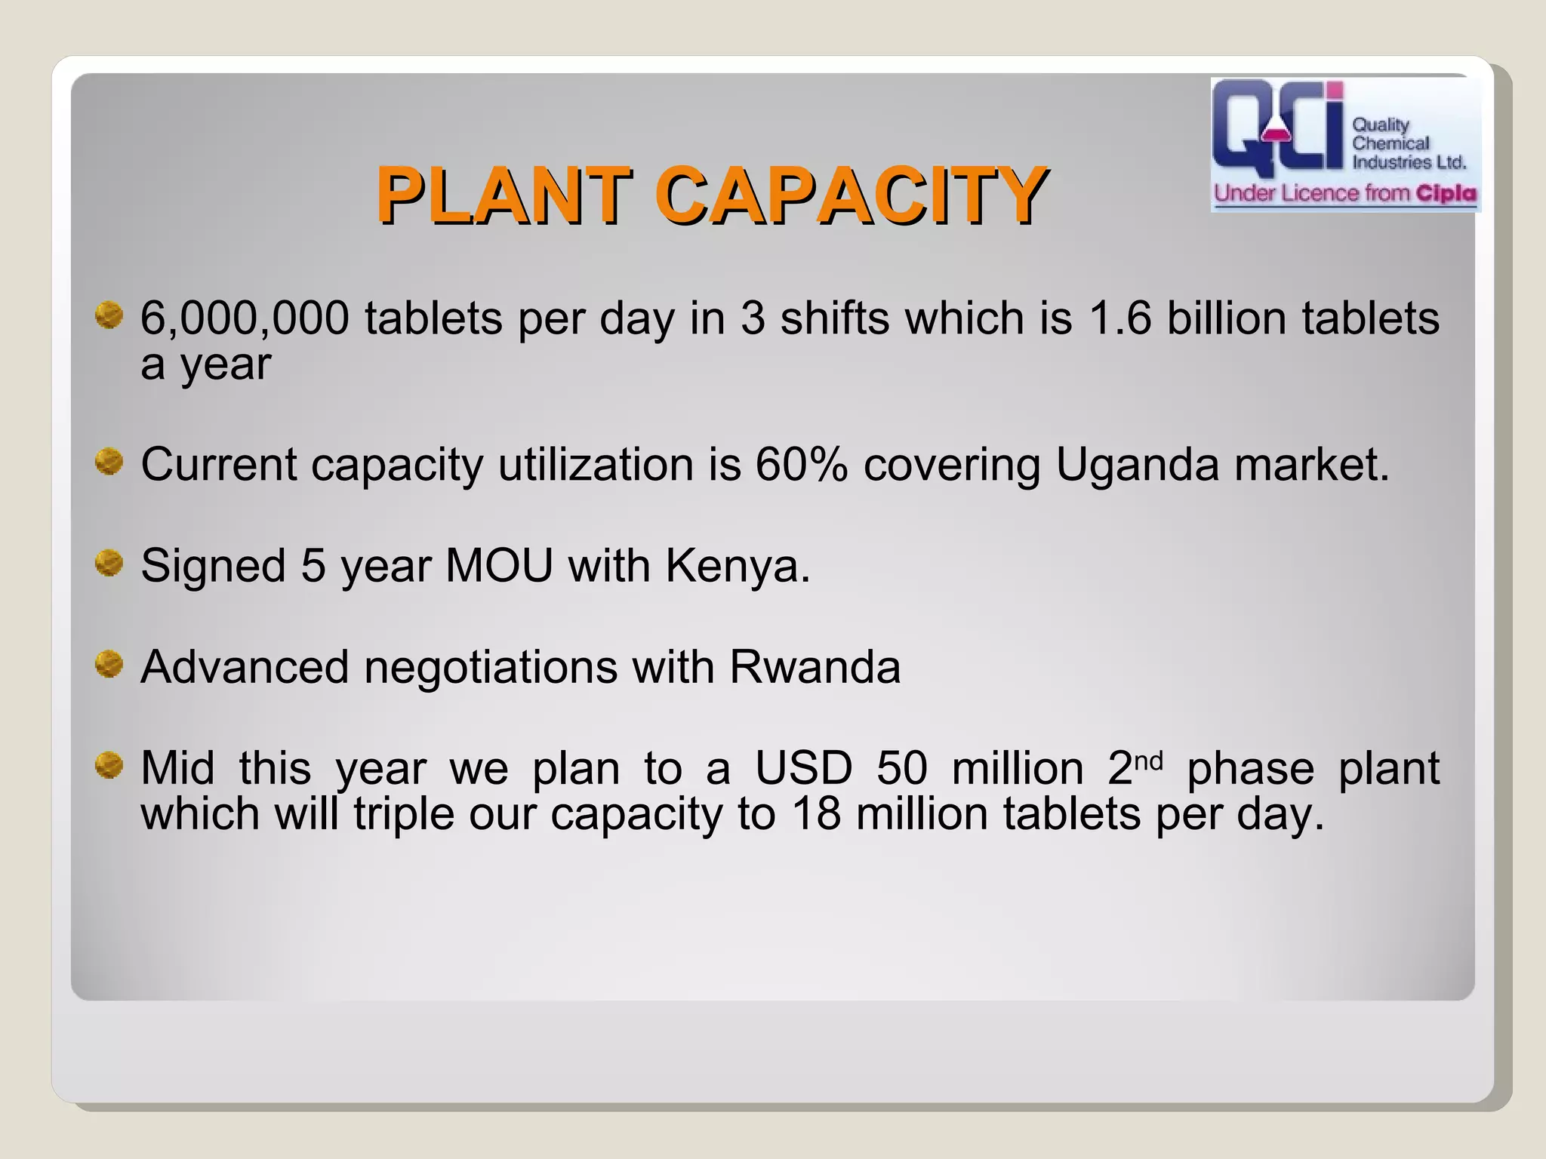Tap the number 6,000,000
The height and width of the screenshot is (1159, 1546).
point(245,318)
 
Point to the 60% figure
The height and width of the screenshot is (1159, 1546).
point(802,464)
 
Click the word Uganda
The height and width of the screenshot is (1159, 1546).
point(1137,464)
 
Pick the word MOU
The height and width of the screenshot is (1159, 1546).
point(499,565)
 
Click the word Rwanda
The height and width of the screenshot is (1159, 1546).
point(815,667)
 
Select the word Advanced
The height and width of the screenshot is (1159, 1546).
point(245,667)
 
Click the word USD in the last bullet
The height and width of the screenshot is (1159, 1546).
point(803,768)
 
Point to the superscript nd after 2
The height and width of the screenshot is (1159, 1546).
point(1148,760)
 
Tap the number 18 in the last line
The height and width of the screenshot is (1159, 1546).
point(815,814)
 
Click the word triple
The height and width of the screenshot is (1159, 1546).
point(403,814)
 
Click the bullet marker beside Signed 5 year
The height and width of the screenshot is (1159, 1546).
point(109,563)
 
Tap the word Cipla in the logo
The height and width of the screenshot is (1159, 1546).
point(1446,193)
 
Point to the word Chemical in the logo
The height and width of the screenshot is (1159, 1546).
point(1390,143)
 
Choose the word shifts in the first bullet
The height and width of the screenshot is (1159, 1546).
point(835,318)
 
